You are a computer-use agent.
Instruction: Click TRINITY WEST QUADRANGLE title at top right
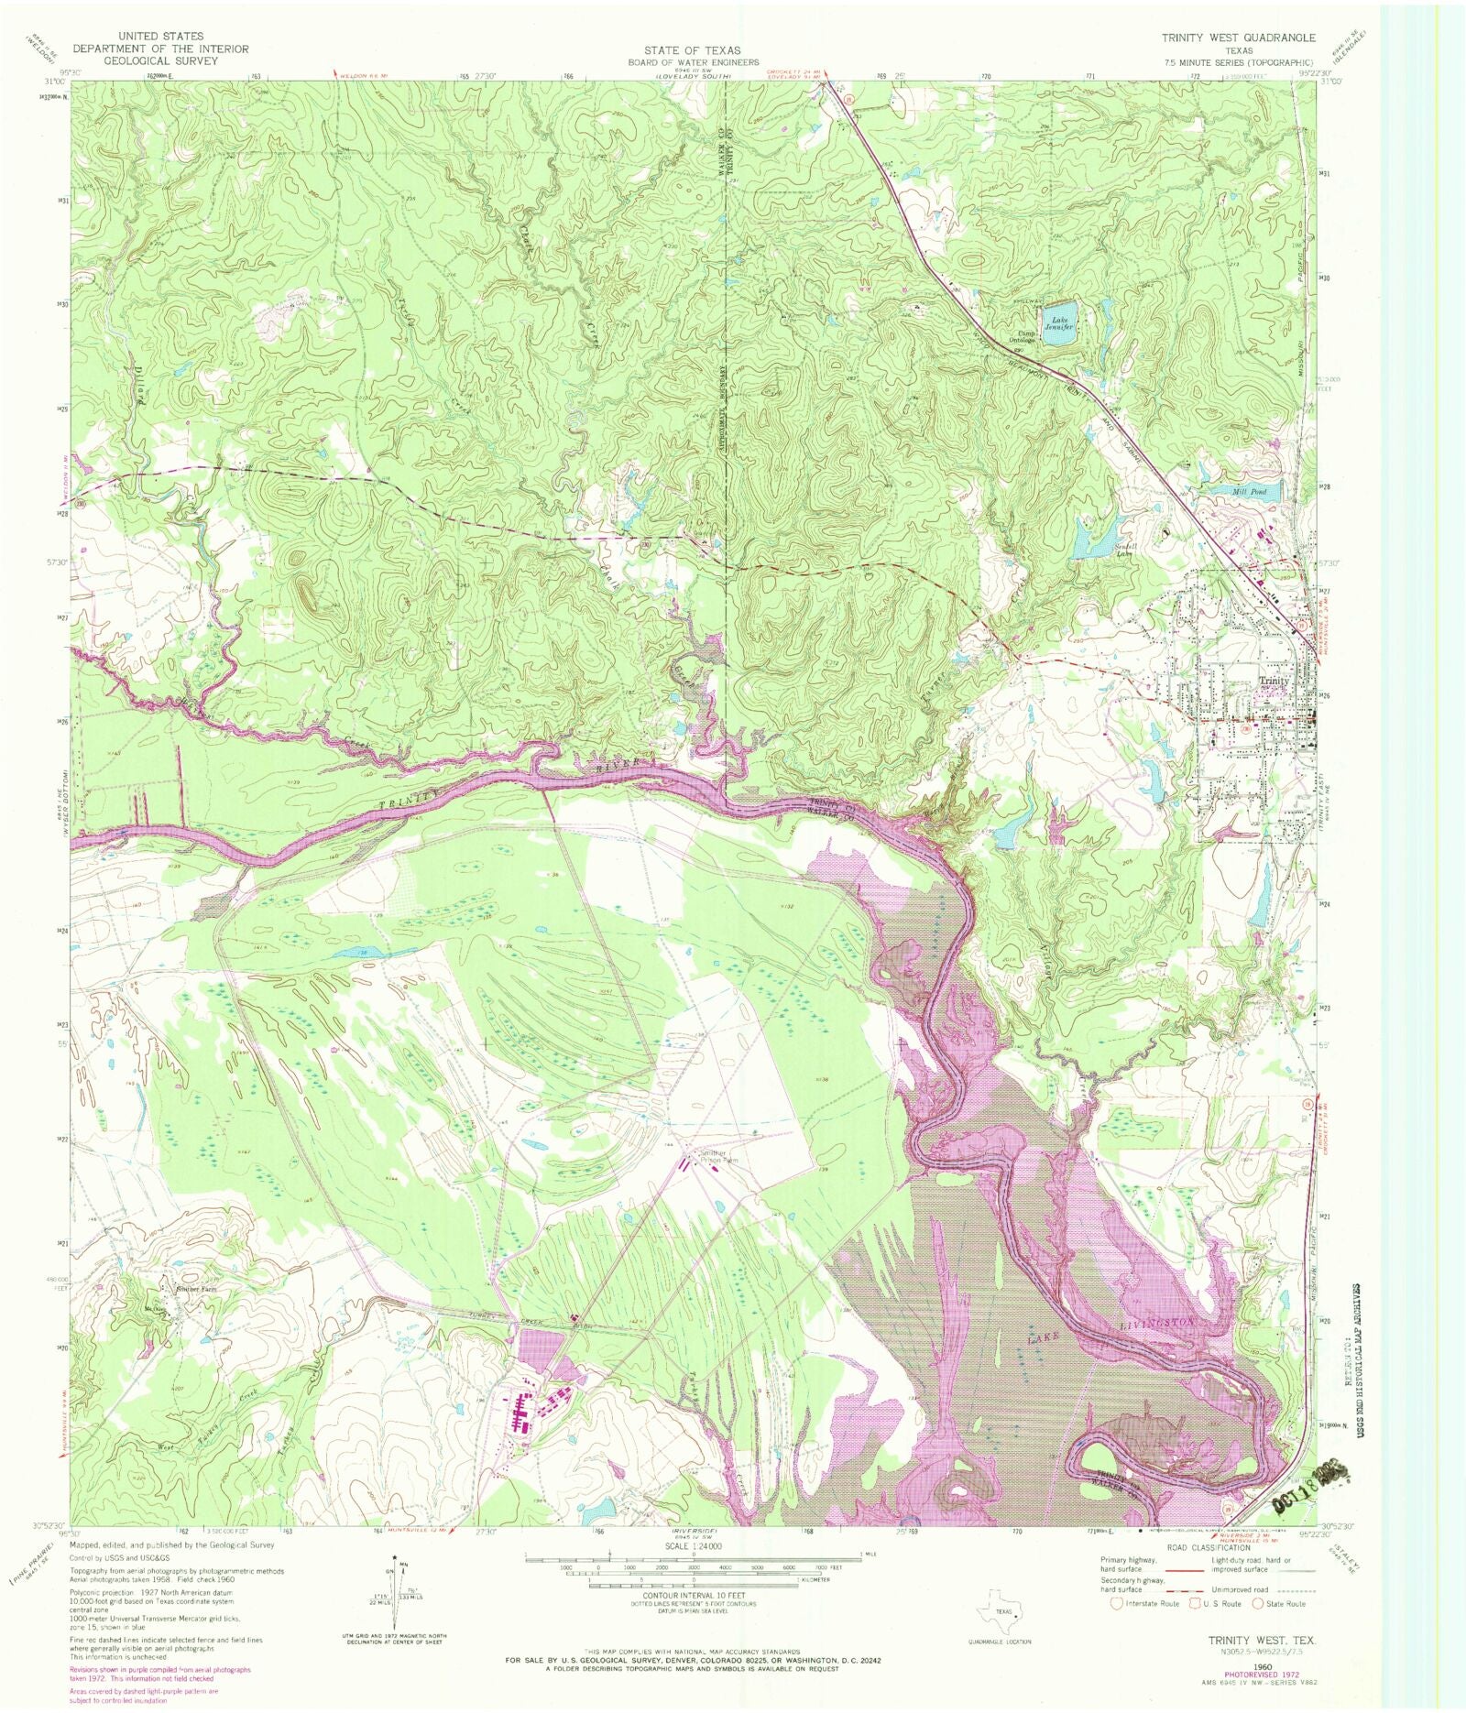click(x=1238, y=38)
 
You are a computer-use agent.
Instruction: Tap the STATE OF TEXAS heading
click(x=691, y=50)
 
